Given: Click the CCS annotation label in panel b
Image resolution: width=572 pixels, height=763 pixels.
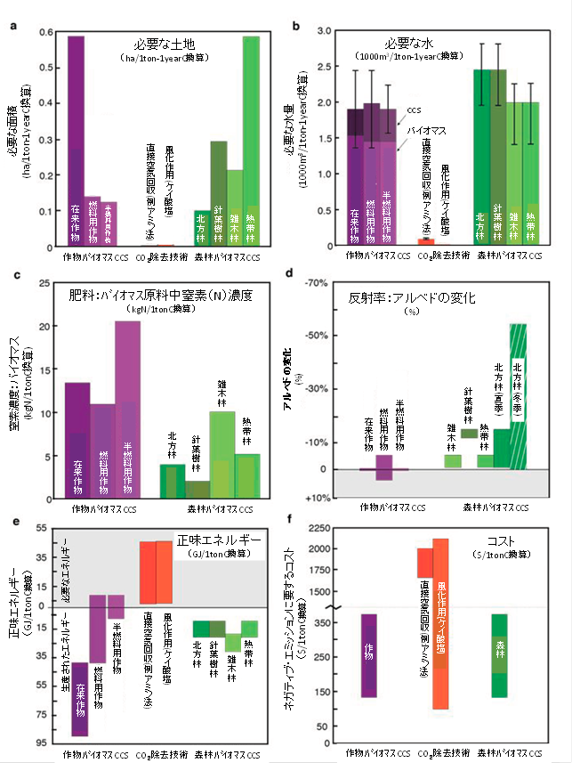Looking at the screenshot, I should click(x=413, y=111).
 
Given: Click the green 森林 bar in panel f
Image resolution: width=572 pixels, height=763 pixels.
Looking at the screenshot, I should click(x=500, y=655).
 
